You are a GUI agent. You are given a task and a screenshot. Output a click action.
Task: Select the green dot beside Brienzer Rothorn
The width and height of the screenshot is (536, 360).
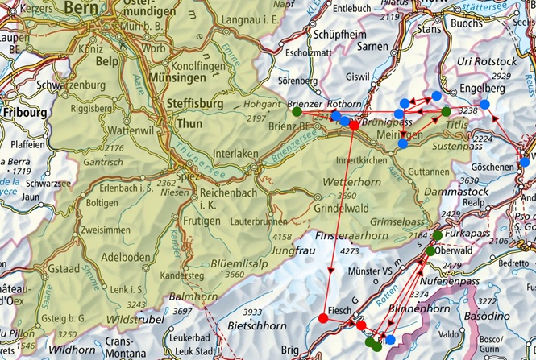tap(297, 111)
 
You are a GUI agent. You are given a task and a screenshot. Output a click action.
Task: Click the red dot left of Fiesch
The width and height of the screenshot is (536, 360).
tap(323, 318)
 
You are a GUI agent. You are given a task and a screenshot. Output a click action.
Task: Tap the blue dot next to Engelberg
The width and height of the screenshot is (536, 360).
tap(485, 104)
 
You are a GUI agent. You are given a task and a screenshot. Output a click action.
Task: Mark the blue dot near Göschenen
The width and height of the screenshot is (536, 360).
tap(525, 162)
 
